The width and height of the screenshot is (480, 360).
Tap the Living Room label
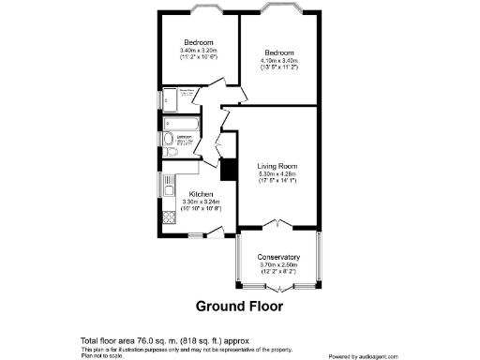coord(278,166)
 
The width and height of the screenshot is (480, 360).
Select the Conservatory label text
coord(278,257)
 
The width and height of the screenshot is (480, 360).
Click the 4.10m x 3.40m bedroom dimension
coord(279,60)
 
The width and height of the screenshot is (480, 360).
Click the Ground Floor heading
coord(238,306)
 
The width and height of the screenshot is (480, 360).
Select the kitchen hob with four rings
coord(170,218)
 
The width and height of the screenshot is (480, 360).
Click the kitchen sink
coord(170,182)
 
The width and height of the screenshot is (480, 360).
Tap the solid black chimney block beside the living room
coord(226,170)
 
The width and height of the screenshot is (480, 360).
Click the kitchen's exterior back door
coord(215,235)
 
